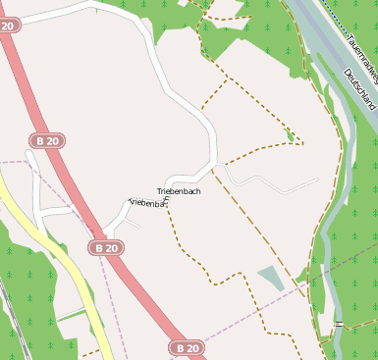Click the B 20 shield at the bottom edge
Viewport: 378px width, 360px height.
[x=188, y=348]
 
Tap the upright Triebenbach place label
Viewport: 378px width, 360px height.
[x=179, y=191]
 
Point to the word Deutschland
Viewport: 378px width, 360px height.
[x=360, y=89]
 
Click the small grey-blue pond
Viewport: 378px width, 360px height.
[x=271, y=278]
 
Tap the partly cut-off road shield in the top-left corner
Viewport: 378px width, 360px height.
[x=8, y=25]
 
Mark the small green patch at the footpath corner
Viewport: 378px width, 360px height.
[x=289, y=133]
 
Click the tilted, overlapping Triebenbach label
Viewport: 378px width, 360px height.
[x=148, y=203]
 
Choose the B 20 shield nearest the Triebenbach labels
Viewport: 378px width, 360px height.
[x=108, y=248]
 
